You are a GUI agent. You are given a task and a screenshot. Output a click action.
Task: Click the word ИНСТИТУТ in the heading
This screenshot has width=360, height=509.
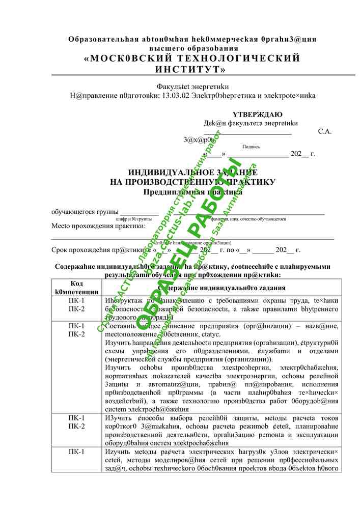coord(191,69)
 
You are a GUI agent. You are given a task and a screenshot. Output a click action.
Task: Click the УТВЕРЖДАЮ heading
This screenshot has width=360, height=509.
coord(258,115)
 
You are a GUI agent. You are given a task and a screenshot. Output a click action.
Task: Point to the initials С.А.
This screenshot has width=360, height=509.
coord(325,131)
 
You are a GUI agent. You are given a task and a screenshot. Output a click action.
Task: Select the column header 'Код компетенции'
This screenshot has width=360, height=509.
coord(77,287)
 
